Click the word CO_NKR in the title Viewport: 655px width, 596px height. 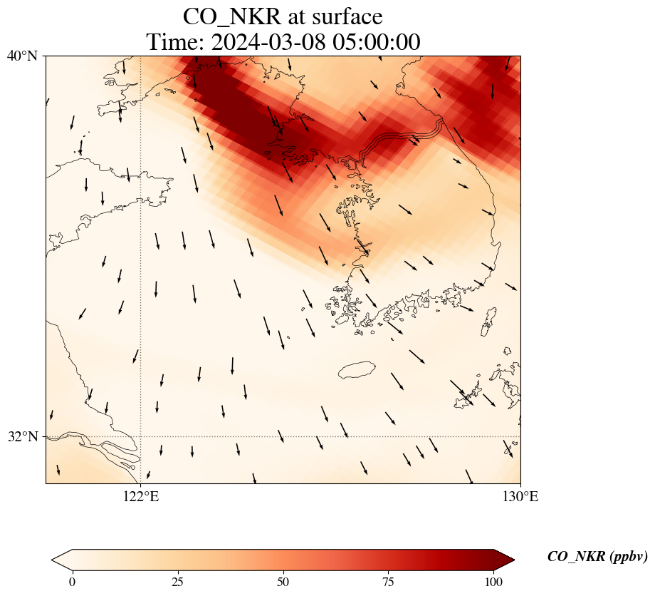[x=232, y=17]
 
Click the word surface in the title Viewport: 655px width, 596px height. [x=347, y=17]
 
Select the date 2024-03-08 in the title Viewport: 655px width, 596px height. [x=268, y=42]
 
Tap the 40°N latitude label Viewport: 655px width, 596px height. [x=22, y=56]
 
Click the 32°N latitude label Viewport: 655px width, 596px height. [x=22, y=436]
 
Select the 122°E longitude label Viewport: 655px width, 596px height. [x=141, y=497]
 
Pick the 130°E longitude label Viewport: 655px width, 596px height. [x=520, y=497]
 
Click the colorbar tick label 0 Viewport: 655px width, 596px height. [x=73, y=582]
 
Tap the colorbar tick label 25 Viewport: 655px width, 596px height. [x=178, y=582]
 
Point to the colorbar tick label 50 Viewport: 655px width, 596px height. [x=283, y=582]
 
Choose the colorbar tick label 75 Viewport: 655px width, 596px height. [x=389, y=582]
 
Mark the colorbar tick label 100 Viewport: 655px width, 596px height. [x=494, y=582]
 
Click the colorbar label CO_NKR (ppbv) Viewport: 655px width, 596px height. [x=597, y=556]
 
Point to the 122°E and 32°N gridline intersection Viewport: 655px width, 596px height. [x=141, y=436]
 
